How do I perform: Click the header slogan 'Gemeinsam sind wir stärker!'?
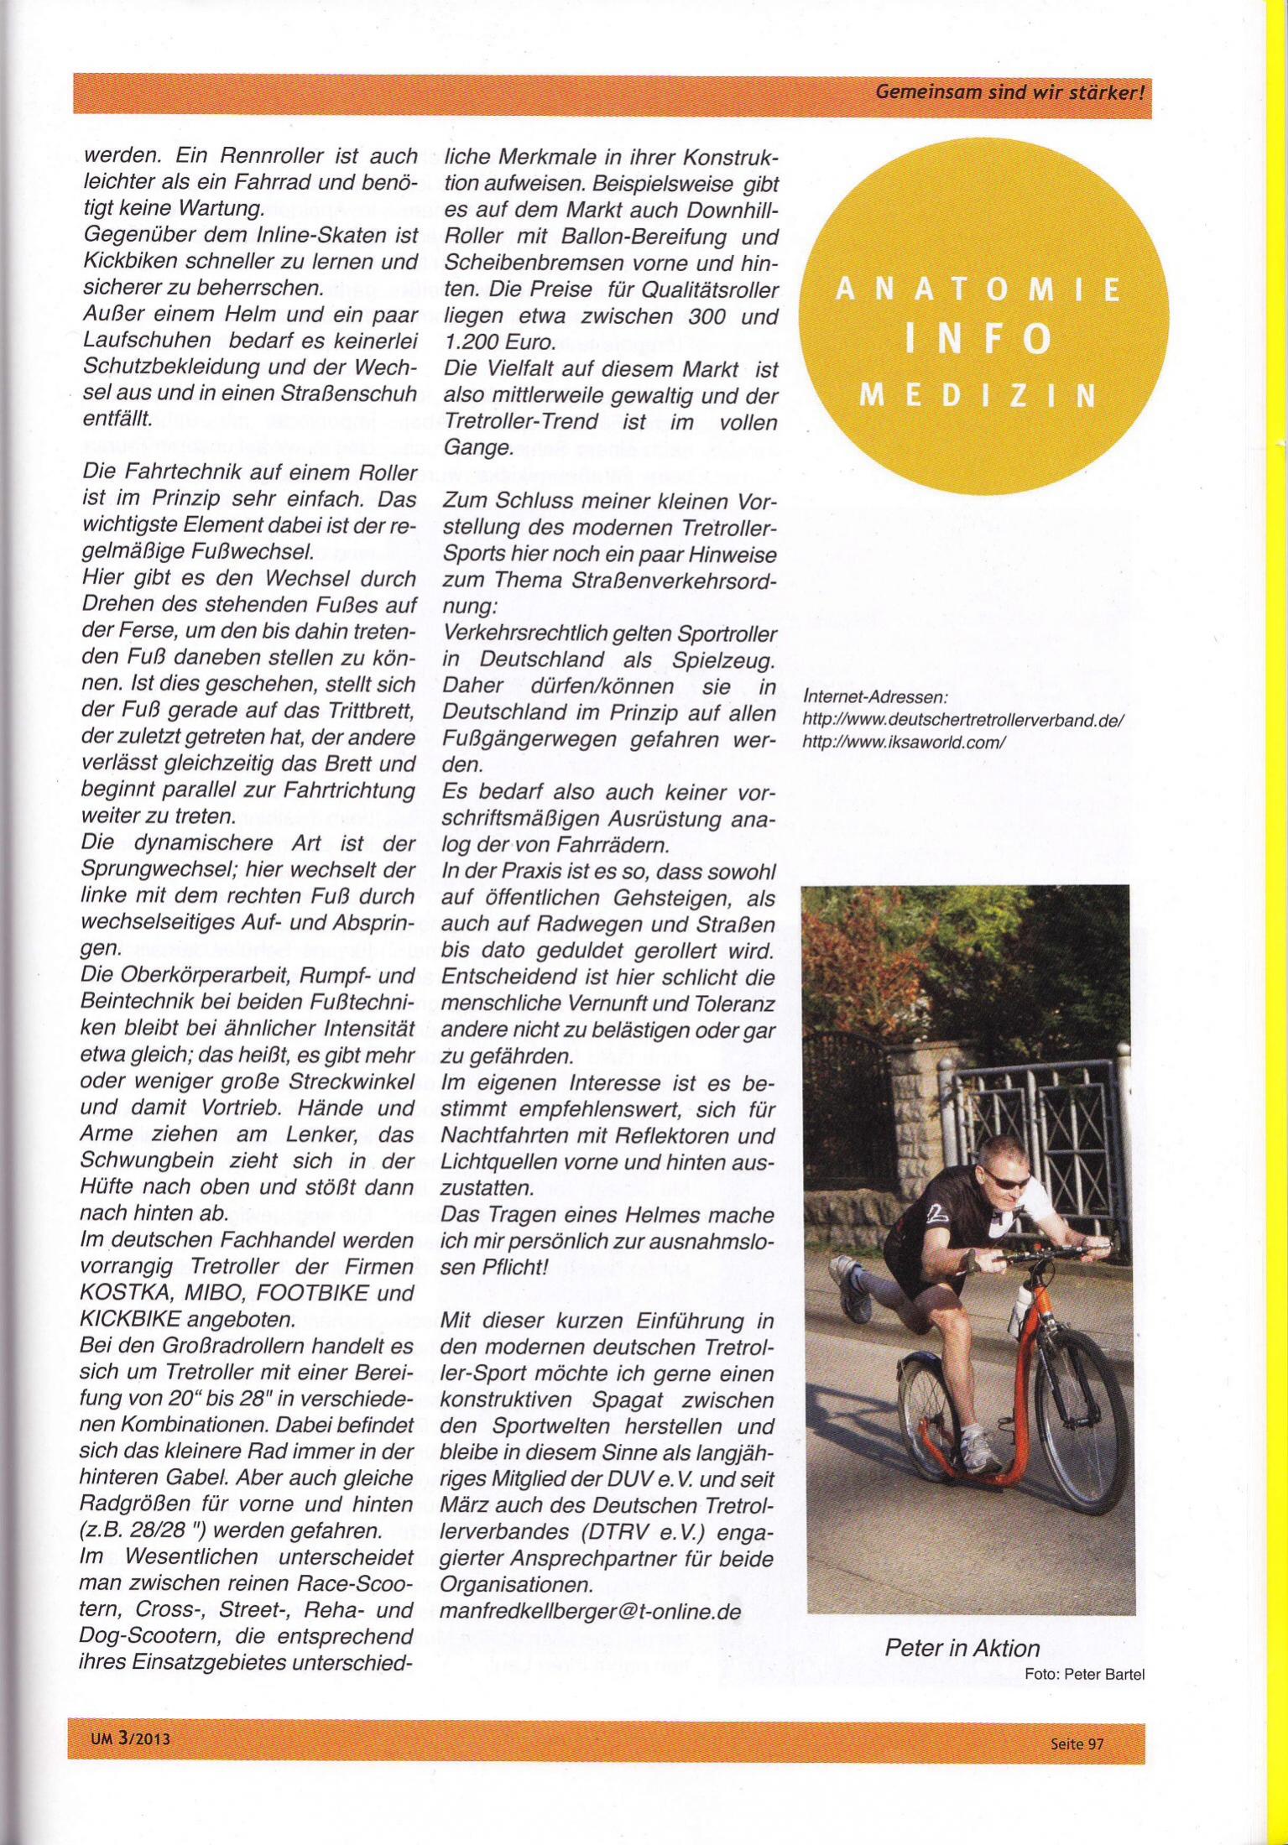click(x=1009, y=93)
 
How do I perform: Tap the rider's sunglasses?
click(x=1009, y=1179)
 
